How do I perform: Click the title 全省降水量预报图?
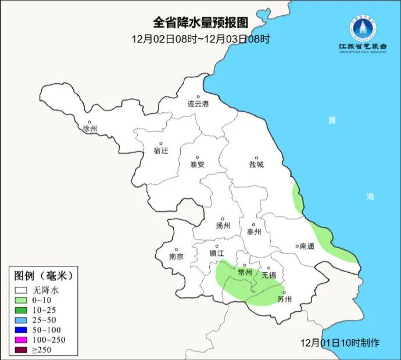point(201,23)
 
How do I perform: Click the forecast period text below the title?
point(201,39)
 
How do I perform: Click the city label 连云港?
point(198,105)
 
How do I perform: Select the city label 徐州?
point(90,129)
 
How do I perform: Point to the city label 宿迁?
point(161,151)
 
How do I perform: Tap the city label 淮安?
point(198,165)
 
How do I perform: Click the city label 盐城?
point(256,165)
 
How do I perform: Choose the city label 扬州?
point(223,226)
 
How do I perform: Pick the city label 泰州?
point(254,231)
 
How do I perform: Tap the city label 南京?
point(176,256)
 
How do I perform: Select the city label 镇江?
point(217,254)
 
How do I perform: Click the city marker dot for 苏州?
point(284,293)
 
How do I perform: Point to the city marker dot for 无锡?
point(268,268)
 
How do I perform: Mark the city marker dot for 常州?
point(245,265)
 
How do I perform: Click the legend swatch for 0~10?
point(23,300)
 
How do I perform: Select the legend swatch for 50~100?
point(23,329)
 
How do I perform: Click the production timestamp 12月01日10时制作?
point(341,343)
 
